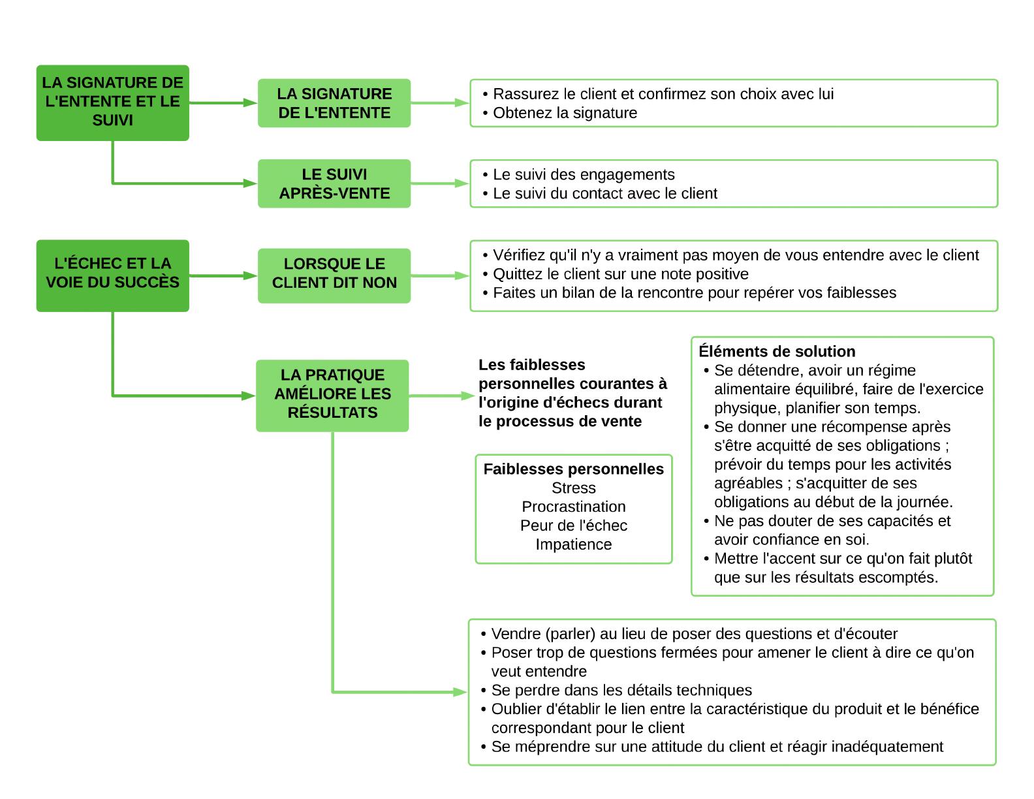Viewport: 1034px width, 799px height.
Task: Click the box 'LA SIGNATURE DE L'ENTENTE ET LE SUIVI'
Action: (113, 102)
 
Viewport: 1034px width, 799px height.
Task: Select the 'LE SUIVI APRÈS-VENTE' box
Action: (334, 183)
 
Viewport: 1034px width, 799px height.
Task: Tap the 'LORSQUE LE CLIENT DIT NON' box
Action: (334, 275)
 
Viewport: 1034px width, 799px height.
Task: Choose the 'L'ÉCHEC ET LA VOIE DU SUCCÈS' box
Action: (113, 275)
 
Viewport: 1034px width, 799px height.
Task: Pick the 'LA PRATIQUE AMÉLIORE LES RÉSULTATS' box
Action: (332, 396)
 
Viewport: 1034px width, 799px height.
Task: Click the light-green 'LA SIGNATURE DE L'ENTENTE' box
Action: (334, 102)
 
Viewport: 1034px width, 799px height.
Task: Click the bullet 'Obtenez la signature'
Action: (559, 113)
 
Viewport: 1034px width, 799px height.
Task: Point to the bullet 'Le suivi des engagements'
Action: (578, 175)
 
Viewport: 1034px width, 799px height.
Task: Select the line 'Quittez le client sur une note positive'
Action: (616, 274)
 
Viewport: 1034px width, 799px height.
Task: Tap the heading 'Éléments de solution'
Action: (777, 351)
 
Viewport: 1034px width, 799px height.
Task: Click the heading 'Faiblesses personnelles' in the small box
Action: (573, 469)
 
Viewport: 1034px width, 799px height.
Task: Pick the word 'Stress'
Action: (573, 488)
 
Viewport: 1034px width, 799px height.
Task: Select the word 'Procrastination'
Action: (573, 507)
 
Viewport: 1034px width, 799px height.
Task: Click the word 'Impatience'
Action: (573, 544)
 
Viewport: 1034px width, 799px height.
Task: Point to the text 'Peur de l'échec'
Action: (573, 525)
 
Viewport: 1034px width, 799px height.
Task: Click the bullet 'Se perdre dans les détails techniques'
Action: (616, 690)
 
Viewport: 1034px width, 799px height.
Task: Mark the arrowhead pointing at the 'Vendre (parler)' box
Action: (461, 692)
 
